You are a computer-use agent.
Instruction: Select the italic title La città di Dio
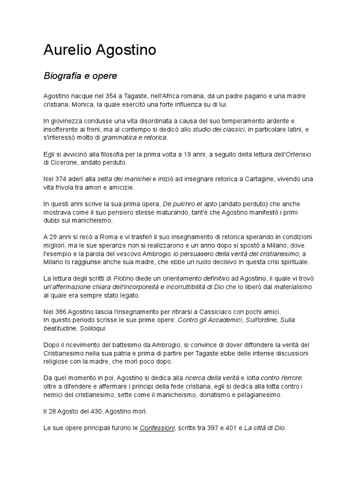(264, 428)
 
